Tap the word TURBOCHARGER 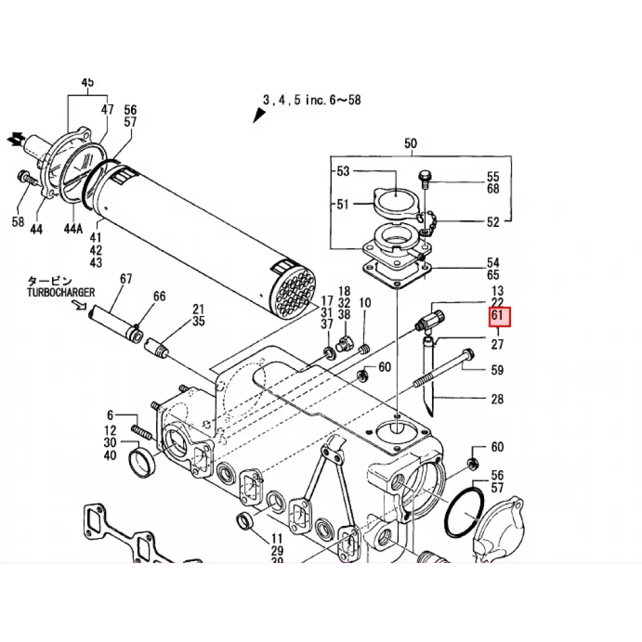[x=61, y=292]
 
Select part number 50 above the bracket [x=411, y=144]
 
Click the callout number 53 [x=343, y=171]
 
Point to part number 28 [x=497, y=399]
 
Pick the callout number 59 [x=497, y=371]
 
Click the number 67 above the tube [x=126, y=278]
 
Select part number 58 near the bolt [x=18, y=221]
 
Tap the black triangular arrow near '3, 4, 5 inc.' [x=258, y=115]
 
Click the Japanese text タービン [x=49, y=281]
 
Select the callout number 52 [x=493, y=222]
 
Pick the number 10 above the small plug [x=365, y=303]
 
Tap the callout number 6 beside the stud [x=110, y=415]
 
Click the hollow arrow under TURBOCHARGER [x=80, y=305]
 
